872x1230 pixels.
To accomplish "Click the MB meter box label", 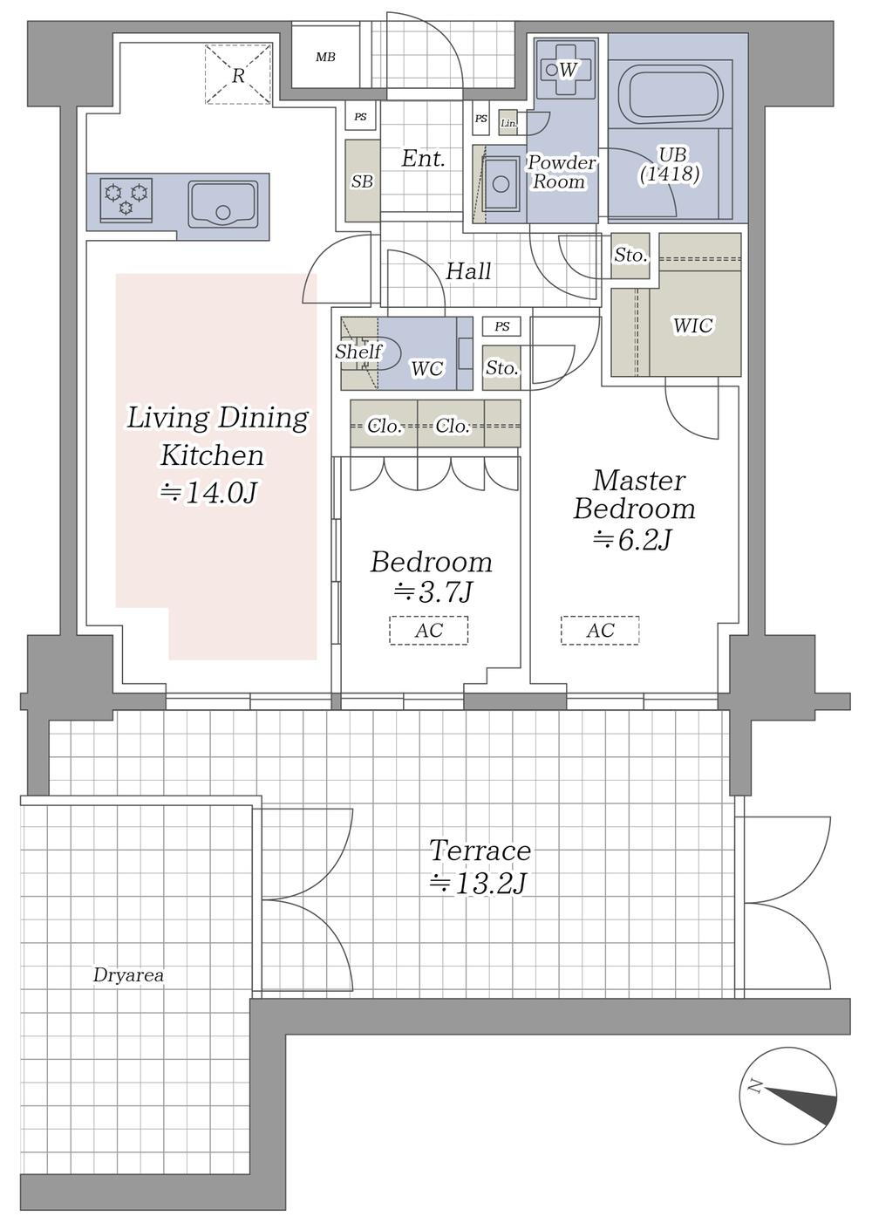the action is [325, 57].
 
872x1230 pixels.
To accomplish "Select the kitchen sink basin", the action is [223, 205].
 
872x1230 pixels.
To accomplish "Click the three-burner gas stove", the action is [126, 199].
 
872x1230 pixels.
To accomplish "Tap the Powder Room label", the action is [561, 172].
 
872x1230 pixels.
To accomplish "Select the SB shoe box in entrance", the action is [362, 181].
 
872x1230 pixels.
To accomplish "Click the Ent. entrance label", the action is [423, 160].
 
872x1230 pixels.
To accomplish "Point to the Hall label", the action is [468, 271].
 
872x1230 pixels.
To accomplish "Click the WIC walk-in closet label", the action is [693, 325].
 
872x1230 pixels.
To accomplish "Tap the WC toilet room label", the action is [427, 368].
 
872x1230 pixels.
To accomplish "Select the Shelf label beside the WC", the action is [359, 351].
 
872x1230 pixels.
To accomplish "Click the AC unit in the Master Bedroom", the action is [600, 631].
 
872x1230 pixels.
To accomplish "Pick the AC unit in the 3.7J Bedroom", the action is [429, 631].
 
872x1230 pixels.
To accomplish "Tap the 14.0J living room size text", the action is [208, 493].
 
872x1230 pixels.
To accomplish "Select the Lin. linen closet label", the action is [508, 124].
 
